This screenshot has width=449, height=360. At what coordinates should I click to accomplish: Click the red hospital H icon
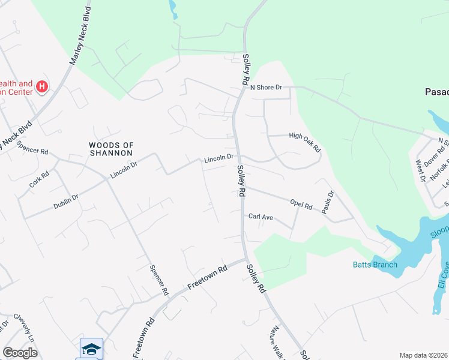point(41,87)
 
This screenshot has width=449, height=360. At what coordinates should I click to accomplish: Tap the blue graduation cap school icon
point(91,349)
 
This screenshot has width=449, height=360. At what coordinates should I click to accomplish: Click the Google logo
point(19,353)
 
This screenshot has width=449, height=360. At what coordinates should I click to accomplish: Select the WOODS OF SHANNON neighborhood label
point(110,149)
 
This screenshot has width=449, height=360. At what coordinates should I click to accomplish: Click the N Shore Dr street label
point(266,88)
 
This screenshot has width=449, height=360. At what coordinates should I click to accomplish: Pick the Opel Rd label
point(301,205)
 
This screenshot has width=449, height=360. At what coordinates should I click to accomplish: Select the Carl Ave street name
point(261,216)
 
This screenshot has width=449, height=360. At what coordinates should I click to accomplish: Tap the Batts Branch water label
point(375,265)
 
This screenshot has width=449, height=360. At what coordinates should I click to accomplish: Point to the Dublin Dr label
point(67,197)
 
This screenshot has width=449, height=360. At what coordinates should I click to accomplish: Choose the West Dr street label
point(420,170)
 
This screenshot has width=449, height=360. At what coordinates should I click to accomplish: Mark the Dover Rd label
point(432,158)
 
